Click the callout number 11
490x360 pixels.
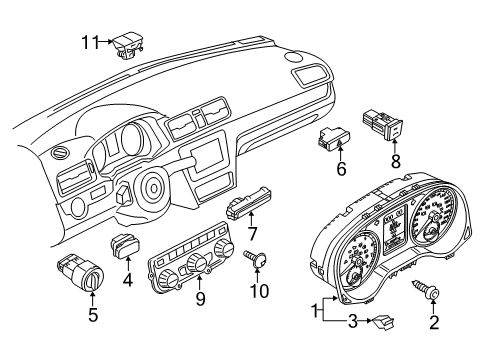pos(90,42)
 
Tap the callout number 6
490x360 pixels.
pos(341,169)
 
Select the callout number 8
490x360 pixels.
pos(395,162)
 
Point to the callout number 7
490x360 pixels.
pos(252,234)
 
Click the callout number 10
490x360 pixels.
pos(259,291)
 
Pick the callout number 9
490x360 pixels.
pos(200,299)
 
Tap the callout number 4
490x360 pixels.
pos(127,280)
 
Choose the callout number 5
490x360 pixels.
pos(93,315)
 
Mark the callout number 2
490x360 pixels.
pos(434,323)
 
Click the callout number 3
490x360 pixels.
pos(353,322)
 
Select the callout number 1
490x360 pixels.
pos(315,312)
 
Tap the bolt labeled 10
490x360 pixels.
pos(256,258)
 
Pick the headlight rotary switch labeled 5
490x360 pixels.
pos(80,272)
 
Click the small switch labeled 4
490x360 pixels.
pos(125,247)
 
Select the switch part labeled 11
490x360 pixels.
pos(128,46)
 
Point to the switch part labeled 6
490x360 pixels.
pos(334,138)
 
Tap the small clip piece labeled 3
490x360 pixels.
pos(383,321)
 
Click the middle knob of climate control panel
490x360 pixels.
pos(197,263)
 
